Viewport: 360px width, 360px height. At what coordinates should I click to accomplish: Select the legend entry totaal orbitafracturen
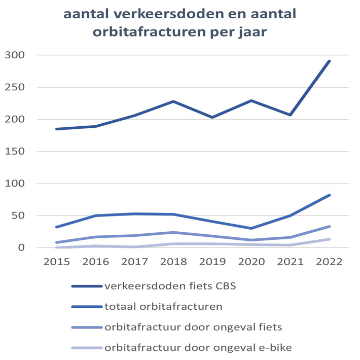pyautogui.click(x=156, y=306)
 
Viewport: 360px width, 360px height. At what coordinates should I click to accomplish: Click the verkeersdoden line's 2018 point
pyautogui.click(x=173, y=101)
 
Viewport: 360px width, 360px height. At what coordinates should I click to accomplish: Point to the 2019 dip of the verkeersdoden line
pyautogui.click(x=212, y=117)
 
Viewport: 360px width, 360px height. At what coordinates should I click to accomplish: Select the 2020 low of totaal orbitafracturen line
pyautogui.click(x=251, y=228)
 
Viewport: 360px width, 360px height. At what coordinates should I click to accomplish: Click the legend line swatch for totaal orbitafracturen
pyautogui.click(x=86, y=306)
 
